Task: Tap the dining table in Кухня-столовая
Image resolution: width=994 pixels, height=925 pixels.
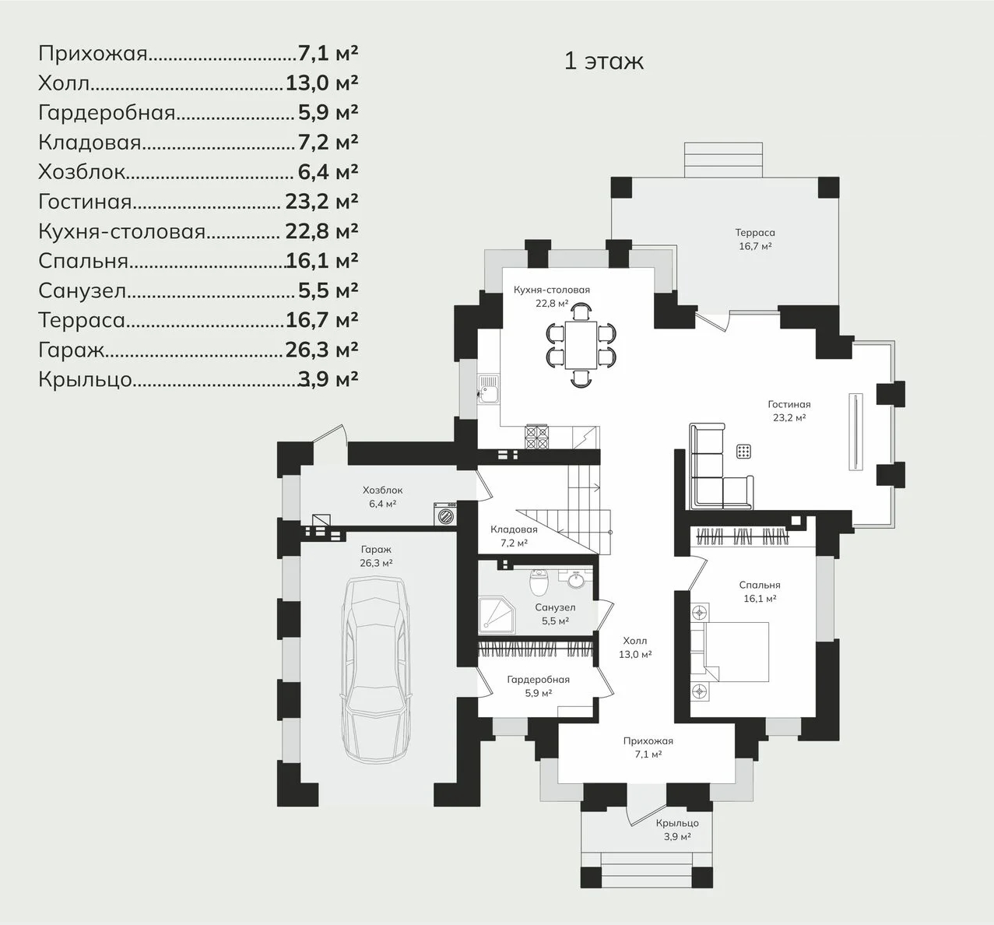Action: tap(581, 346)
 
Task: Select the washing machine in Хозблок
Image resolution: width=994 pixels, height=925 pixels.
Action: tap(445, 514)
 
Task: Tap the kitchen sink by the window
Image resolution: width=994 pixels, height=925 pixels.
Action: tap(488, 389)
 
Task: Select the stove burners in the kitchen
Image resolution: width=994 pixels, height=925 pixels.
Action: tap(536, 437)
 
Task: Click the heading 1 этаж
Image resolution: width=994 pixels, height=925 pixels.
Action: tap(603, 61)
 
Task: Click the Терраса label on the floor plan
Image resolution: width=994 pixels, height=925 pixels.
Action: tap(755, 232)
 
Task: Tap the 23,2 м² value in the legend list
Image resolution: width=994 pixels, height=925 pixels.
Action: tap(321, 202)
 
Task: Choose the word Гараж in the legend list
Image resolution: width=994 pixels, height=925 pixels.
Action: tap(71, 350)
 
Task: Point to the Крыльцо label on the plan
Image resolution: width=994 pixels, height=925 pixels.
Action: tap(677, 823)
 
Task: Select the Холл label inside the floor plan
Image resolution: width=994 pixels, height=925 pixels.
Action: tap(635, 641)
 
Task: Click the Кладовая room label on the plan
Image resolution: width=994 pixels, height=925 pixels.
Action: tap(514, 529)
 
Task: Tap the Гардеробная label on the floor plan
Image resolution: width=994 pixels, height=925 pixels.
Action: tap(539, 680)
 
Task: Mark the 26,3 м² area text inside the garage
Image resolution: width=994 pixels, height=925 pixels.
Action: tap(376, 563)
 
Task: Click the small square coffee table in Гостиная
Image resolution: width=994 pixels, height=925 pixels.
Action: tap(743, 452)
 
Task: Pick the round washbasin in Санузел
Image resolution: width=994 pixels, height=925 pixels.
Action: tap(577, 582)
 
